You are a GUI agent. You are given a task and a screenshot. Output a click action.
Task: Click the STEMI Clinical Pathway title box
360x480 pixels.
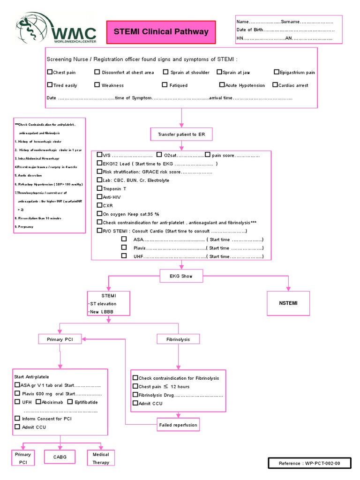coord(161,32)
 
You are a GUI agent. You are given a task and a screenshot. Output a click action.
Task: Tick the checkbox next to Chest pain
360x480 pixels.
coord(50,72)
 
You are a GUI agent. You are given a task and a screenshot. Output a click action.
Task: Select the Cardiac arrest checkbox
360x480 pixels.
coord(276,85)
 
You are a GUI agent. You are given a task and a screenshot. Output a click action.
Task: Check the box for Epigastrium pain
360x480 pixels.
coord(277,72)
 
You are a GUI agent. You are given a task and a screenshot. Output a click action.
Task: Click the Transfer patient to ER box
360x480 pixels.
coord(181,135)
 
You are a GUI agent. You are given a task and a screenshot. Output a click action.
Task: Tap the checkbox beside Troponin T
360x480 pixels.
coord(99,188)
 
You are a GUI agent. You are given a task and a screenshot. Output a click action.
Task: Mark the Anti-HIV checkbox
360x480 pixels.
coord(99,197)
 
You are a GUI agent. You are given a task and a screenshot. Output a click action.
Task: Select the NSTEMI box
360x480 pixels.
coord(288,303)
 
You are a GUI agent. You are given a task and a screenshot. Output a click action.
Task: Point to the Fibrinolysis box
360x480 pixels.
coord(178,339)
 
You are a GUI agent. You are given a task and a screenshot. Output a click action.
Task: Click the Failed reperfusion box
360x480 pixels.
coord(178,425)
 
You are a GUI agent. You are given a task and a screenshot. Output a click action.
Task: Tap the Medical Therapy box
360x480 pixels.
coord(101,458)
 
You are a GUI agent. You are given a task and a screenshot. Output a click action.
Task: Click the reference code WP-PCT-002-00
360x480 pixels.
coord(309,464)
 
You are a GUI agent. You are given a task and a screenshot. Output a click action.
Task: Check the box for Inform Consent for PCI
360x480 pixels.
coord(17,419)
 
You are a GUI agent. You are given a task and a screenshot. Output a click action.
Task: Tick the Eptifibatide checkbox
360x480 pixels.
coord(70,402)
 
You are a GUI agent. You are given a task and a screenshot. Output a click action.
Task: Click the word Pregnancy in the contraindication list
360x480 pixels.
coord(27,227)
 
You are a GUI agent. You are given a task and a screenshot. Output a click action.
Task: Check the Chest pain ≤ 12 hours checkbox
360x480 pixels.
coord(135,386)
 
